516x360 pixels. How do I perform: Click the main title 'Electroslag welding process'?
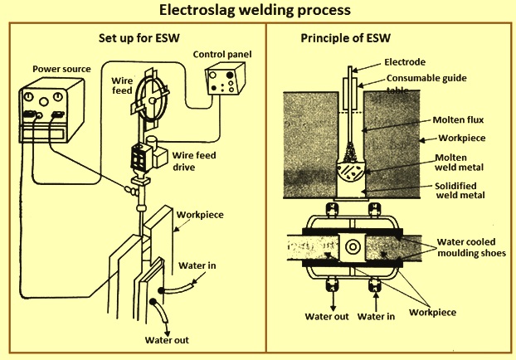[x=258, y=12]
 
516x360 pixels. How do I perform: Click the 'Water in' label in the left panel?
[x=198, y=266]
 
